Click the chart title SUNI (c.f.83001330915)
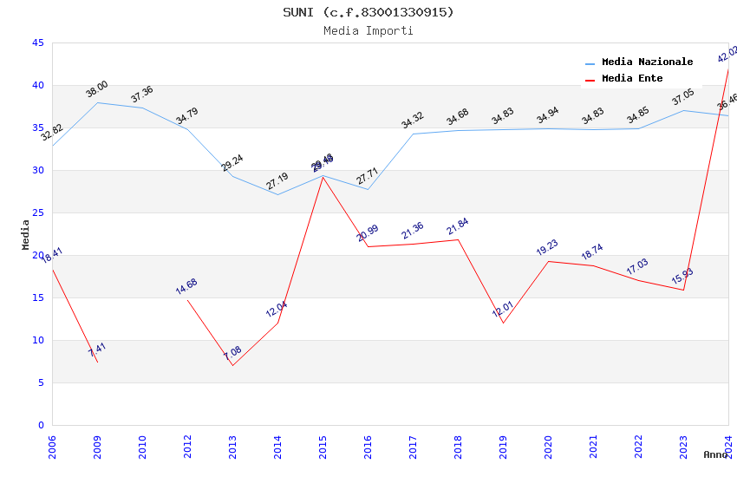point(368,12)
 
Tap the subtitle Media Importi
point(368,30)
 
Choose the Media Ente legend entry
point(632,78)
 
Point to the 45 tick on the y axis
point(37,42)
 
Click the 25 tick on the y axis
point(37,212)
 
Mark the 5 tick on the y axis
point(40,382)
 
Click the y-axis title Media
point(26,234)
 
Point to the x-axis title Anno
point(715,454)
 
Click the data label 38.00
point(96,88)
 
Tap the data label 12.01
point(503,310)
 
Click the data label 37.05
point(683,96)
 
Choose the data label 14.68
point(186,286)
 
